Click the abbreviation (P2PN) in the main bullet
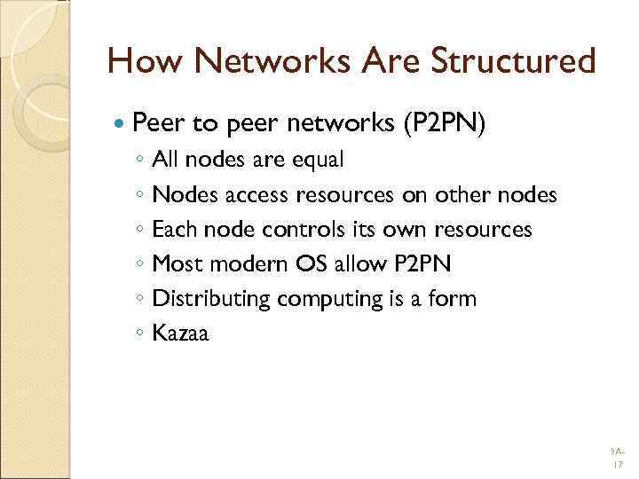point(444,124)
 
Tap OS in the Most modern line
point(303,264)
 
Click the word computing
point(328,300)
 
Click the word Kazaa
point(180,334)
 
